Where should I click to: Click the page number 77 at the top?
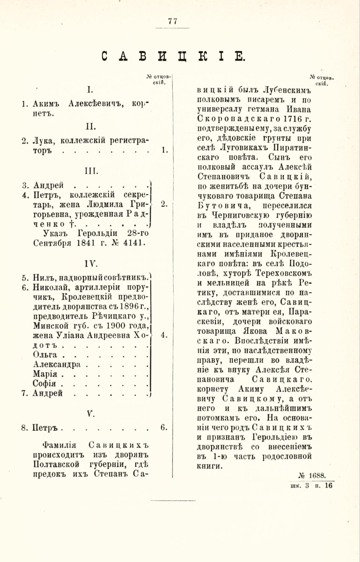coord(172,21)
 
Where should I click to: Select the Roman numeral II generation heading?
coord(91,126)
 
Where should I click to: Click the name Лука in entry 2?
coord(44,140)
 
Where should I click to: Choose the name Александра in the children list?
coord(58,364)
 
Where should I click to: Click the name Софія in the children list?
coord(45,384)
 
